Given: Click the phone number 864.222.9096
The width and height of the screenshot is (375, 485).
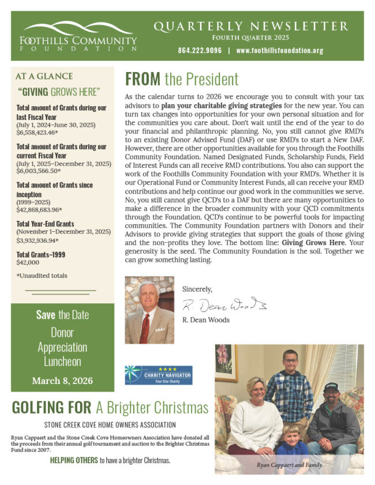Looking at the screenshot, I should point(200,50).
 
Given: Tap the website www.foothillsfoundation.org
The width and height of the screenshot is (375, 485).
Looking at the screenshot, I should point(279,50).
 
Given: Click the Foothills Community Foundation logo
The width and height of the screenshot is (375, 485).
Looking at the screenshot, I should point(78,36).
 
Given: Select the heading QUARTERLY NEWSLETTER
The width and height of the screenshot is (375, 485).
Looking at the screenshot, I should point(250,26).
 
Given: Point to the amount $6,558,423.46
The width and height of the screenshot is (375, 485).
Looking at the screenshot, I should point(37,131).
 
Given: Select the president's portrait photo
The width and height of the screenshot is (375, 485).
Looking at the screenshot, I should point(149,309).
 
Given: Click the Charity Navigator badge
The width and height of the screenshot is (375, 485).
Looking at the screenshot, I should point(159,375).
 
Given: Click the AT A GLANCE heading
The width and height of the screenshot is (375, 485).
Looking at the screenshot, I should point(44,76).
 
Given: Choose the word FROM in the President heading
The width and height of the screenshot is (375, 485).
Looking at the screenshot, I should point(142,79).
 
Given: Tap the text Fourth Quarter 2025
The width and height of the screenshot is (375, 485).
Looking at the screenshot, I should point(250,37).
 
